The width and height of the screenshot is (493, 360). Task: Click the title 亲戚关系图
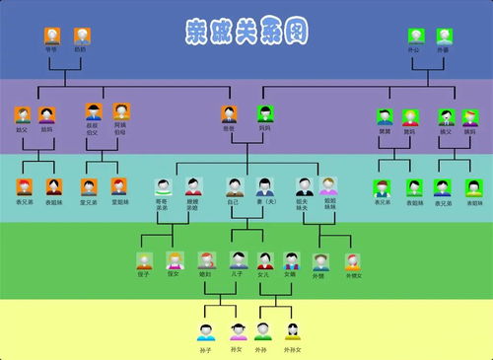(x=246, y=31)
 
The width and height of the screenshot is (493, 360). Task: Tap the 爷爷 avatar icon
(x=51, y=36)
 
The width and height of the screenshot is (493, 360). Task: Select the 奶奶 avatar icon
(x=80, y=36)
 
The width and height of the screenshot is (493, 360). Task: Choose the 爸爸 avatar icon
(x=229, y=114)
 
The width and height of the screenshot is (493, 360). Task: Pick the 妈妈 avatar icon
(x=264, y=114)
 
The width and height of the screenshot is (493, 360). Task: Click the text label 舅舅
(x=385, y=129)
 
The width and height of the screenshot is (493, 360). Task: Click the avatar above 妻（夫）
(x=264, y=184)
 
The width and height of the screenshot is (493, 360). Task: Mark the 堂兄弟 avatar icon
(x=90, y=185)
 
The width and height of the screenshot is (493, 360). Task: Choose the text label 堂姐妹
(x=118, y=201)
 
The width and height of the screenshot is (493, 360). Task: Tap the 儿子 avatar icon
(x=238, y=260)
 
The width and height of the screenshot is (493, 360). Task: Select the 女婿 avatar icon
(x=291, y=260)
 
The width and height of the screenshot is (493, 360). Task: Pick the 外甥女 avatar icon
(x=352, y=261)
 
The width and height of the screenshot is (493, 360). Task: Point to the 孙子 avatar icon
(x=206, y=330)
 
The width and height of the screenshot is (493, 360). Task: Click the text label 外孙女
(x=292, y=349)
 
